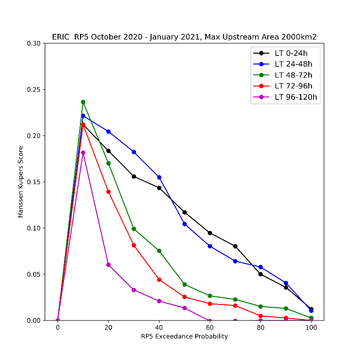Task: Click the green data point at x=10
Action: tap(83, 102)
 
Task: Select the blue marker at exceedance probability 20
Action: tap(108, 132)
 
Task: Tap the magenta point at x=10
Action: tap(83, 152)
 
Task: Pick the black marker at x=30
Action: tap(134, 176)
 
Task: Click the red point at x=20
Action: tap(108, 192)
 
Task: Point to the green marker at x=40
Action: tap(159, 251)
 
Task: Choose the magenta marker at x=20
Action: tap(108, 265)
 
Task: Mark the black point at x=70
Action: tap(235, 246)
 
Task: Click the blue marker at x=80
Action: tap(261, 267)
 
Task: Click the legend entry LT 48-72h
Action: tap(292, 75)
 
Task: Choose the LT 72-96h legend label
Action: tap(292, 86)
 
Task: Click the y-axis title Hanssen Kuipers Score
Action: tap(21, 182)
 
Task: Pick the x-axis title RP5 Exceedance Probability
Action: tap(184, 337)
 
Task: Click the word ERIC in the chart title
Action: tap(62, 37)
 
